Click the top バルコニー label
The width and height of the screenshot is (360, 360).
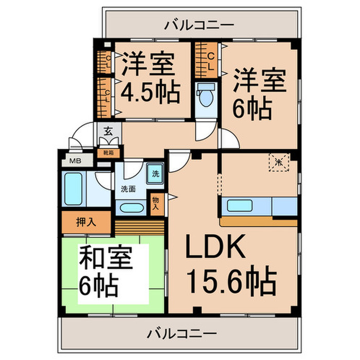click(x=200, y=24)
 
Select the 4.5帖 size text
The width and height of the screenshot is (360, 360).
click(x=150, y=93)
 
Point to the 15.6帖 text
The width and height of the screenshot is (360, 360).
click(x=231, y=280)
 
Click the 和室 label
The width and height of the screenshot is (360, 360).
click(x=106, y=259)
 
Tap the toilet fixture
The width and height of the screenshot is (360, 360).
click(x=206, y=96)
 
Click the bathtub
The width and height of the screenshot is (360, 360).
click(x=74, y=188)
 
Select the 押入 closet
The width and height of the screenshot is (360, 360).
click(x=86, y=222)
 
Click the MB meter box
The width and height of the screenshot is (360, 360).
click(x=75, y=160)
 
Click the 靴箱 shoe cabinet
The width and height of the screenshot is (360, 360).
click(x=108, y=152)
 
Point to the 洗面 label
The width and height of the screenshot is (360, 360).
click(x=128, y=189)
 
